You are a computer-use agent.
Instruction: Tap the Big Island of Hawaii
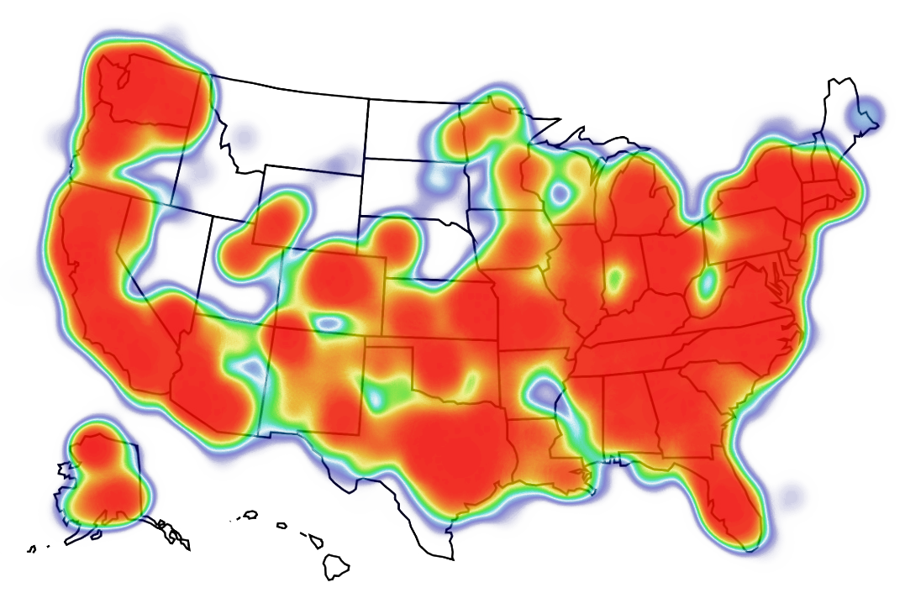[337, 567]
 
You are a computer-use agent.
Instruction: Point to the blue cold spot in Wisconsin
[557, 192]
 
